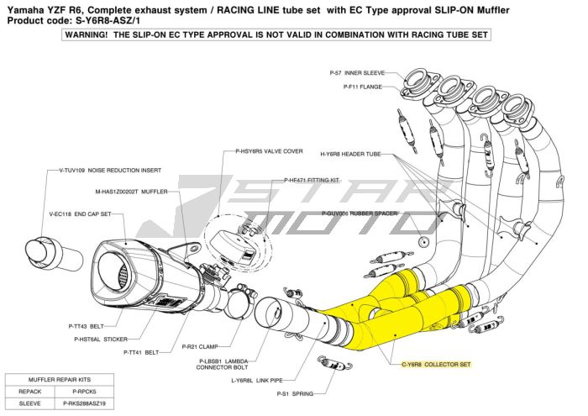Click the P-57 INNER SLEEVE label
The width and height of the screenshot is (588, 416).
(x=357, y=73)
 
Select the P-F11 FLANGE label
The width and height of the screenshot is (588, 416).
(x=360, y=85)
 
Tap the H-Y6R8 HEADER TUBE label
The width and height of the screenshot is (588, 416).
(x=351, y=155)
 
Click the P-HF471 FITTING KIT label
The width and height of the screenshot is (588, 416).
(x=311, y=180)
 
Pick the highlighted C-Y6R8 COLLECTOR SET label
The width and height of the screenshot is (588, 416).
(x=436, y=365)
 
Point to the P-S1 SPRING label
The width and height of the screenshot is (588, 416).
(x=296, y=393)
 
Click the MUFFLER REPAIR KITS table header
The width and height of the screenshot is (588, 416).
(x=60, y=380)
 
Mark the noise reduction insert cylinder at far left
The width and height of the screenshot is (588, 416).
(x=45, y=250)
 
